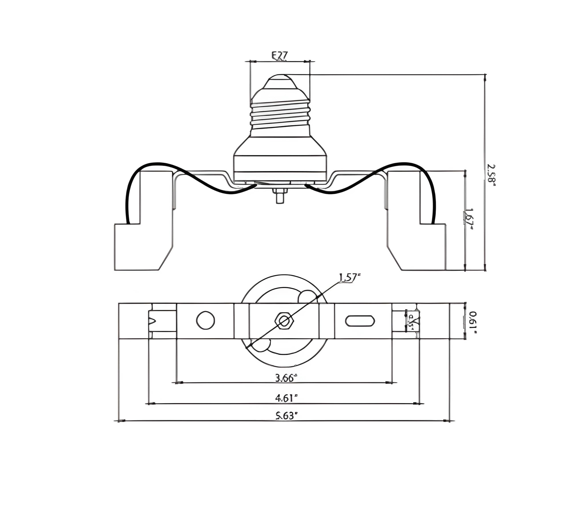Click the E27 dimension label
(279, 56)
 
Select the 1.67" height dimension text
(468, 219)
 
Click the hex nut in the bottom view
(284, 321)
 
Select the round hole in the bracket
(205, 320)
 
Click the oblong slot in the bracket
(360, 321)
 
